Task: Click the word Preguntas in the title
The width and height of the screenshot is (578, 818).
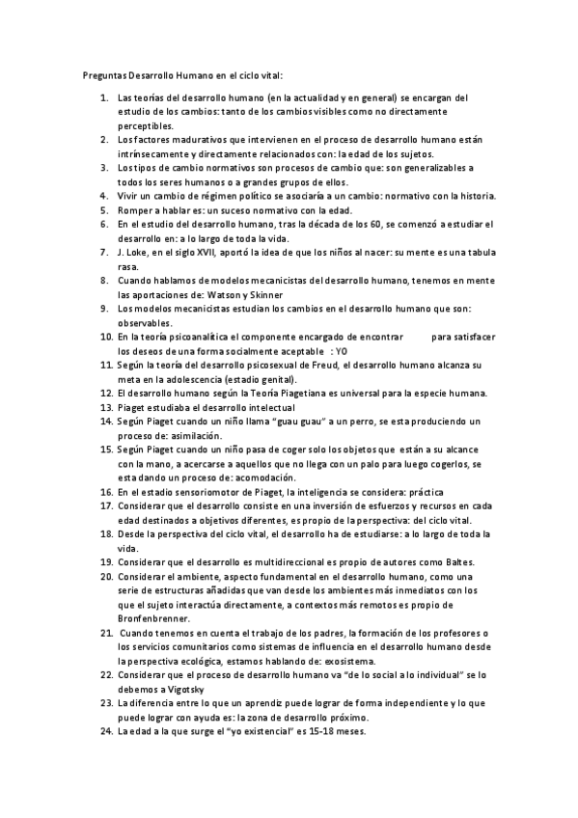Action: pos(99,74)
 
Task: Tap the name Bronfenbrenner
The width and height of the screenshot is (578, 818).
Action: pos(154,618)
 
